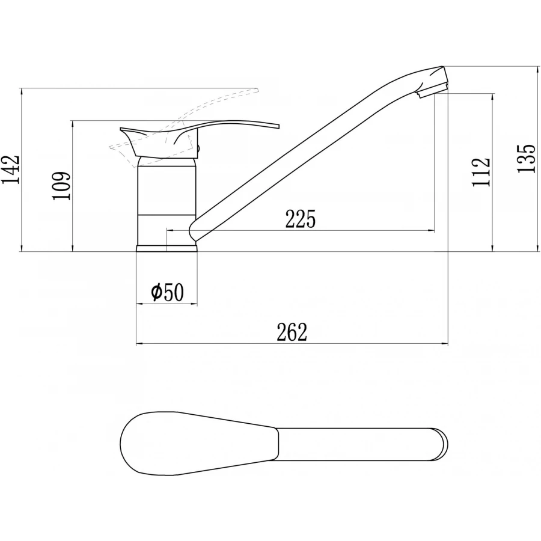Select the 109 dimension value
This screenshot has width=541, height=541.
pos(61,186)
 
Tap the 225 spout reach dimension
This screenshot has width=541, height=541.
pos(301,219)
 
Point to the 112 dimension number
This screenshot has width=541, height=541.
pos(481,172)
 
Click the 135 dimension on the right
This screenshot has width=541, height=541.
pos(526,158)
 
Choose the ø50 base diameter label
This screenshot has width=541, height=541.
pos(167,293)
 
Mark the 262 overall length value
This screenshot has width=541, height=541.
pos(292,332)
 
